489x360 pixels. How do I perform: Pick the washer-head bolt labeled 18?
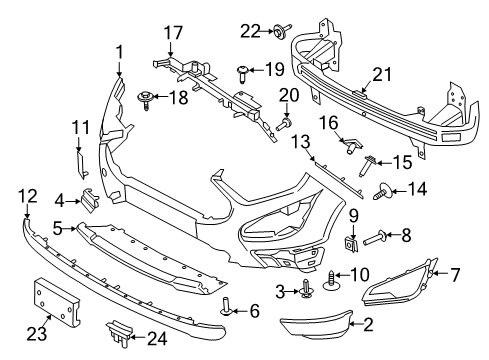[x=147, y=97]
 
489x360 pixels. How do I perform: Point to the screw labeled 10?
[x=330, y=274]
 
